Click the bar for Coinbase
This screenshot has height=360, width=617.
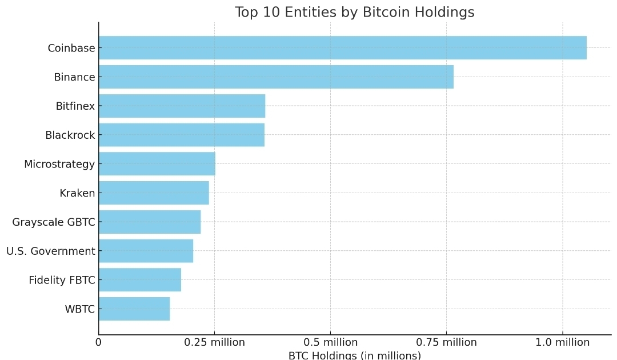[x=342, y=48]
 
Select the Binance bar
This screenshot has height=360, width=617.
[x=276, y=77]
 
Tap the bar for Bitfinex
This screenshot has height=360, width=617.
[x=182, y=106]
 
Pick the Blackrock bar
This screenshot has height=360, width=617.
[x=181, y=135]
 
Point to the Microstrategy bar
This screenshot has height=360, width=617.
[x=157, y=164]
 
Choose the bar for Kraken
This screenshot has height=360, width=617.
[x=154, y=193]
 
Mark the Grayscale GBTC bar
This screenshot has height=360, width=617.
[x=150, y=222]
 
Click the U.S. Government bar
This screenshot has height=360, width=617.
[x=146, y=251]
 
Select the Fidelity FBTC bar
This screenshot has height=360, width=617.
[x=139, y=280]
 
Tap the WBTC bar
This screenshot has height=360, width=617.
[x=134, y=309]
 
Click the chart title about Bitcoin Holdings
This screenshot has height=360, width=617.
[x=354, y=13]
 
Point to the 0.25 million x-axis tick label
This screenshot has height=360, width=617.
[x=214, y=342]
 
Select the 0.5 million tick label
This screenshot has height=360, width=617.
[x=330, y=342]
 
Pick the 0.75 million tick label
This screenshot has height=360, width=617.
[x=446, y=342]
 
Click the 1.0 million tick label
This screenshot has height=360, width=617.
[x=562, y=342]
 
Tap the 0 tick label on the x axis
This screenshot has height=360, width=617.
[x=98, y=342]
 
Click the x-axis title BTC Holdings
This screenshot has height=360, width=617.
[x=354, y=355]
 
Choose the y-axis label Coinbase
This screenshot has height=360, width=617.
[x=71, y=48]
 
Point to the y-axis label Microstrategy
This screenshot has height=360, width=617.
[x=59, y=164]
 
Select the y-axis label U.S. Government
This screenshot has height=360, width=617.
[x=51, y=251]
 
